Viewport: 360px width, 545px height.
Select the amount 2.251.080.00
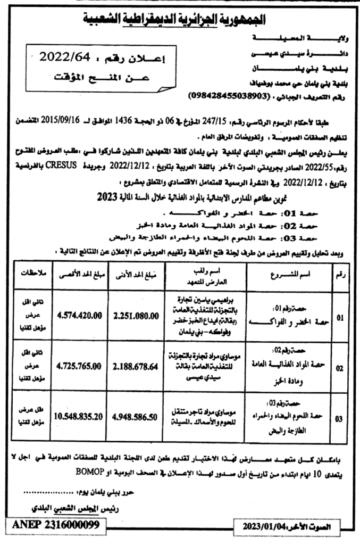(136, 316)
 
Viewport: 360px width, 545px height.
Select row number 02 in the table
(339, 368)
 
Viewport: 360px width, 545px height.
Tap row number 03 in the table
(339, 418)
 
